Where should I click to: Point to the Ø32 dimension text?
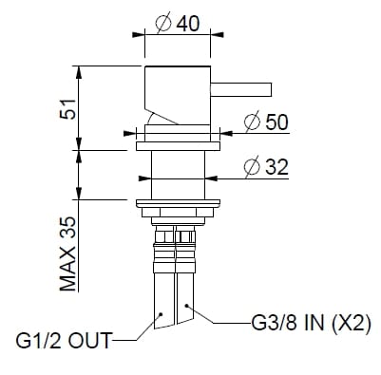point(266,166)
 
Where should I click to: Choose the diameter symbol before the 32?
point(249,166)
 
